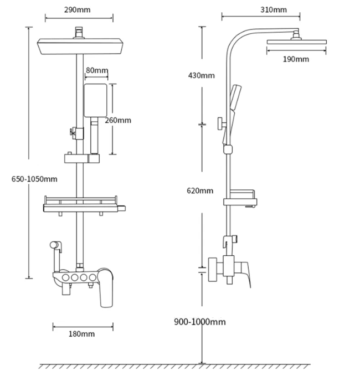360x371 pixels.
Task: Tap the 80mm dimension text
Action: (x=97, y=70)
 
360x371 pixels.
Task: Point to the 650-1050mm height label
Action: (x=34, y=179)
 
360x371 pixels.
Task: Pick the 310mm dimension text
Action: (x=274, y=10)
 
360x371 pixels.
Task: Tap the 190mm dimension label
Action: (x=295, y=59)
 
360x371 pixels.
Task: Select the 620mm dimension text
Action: (x=200, y=191)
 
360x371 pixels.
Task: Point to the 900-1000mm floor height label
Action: (x=200, y=322)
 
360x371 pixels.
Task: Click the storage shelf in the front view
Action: (x=83, y=206)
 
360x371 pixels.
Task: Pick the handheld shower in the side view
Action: (x=233, y=108)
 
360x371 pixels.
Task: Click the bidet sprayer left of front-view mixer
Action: (x=55, y=246)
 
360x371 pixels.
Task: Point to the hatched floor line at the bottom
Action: (x=199, y=366)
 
